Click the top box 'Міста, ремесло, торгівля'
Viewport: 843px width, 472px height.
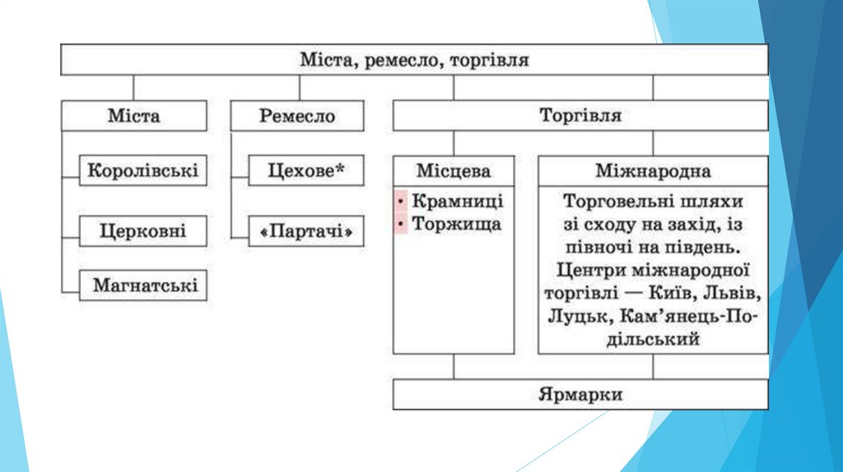[413, 60]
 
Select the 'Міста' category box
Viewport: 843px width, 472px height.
[133, 116]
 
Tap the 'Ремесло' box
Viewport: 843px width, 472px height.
[297, 116]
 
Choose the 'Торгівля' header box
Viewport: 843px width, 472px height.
[580, 116]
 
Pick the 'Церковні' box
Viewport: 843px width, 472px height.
[143, 230]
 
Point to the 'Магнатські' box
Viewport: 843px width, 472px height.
[144, 285]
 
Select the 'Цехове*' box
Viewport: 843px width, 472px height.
[306, 171]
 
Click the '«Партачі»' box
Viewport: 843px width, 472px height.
[306, 232]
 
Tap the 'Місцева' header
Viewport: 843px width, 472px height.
[454, 172]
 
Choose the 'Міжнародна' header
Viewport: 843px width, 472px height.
[653, 172]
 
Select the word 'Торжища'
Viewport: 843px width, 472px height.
[456, 224]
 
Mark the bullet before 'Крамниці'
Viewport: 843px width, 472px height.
[401, 201]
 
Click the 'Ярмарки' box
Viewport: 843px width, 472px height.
[580, 395]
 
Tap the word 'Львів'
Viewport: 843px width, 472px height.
[734, 293]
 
